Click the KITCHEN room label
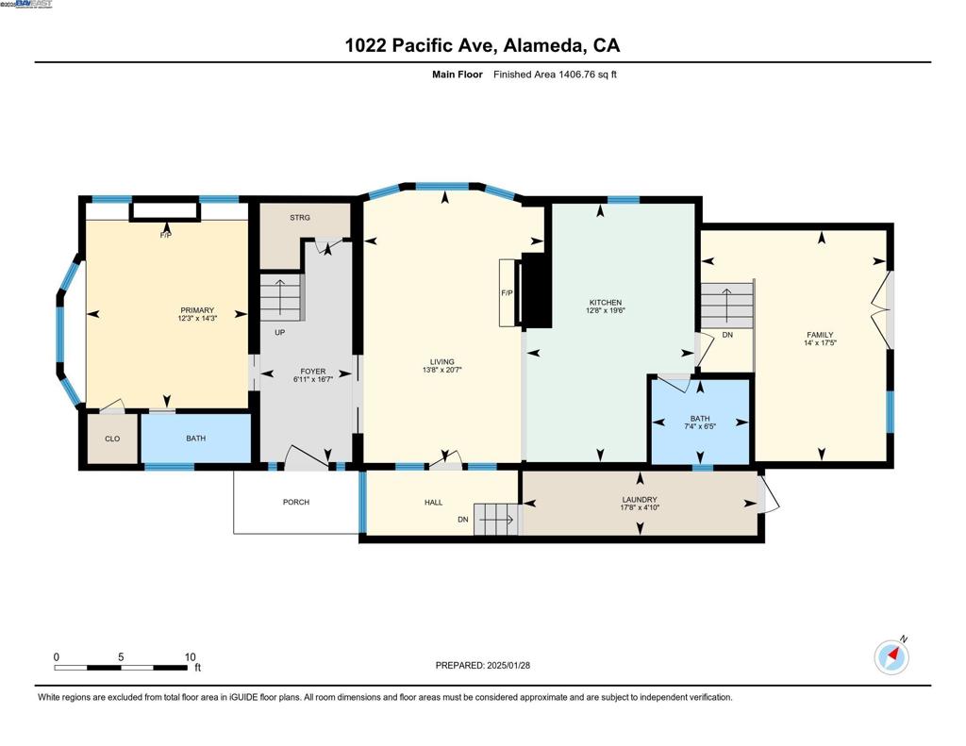tap(605, 303)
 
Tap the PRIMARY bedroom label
tap(197, 310)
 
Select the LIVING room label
tap(441, 362)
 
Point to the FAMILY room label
tap(820, 335)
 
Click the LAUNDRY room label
tap(640, 500)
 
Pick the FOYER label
tap(313, 372)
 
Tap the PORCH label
tap(295, 502)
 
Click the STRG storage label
tap(300, 218)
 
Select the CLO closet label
tap(112, 439)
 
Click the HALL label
tap(434, 502)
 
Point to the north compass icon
tap(891, 657)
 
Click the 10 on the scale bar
tap(191, 656)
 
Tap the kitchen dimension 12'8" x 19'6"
tap(605, 310)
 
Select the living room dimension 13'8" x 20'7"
tap(441, 371)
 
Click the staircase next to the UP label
tap(281, 297)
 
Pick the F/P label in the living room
tap(507, 292)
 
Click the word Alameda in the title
tap(542, 45)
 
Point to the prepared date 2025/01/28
tap(508, 665)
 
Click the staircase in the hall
tap(496, 520)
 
